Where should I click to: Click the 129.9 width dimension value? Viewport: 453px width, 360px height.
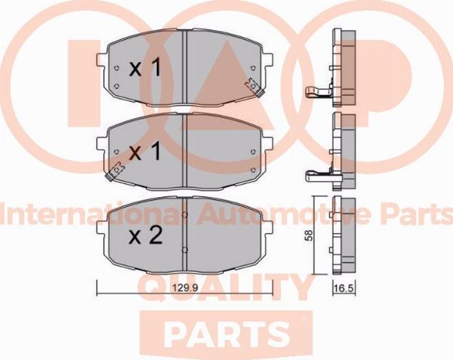point(185,288)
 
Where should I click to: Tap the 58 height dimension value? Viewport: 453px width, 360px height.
point(309,235)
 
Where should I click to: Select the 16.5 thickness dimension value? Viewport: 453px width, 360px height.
point(344,288)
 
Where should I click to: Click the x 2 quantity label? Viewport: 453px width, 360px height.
point(145,236)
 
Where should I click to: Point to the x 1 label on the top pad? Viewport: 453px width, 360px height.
point(144,68)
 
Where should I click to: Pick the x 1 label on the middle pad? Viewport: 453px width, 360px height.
point(144,152)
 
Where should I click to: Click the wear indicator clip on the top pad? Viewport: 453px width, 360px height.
point(254,88)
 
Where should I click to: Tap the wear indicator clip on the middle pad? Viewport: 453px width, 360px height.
point(115,171)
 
